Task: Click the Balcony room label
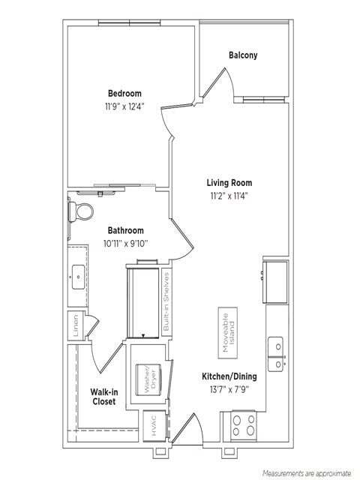tap(243, 55)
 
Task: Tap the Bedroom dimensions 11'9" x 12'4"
tap(124, 106)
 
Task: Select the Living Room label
tap(229, 183)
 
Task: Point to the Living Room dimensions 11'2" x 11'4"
tap(229, 196)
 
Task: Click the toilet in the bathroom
tap(80, 211)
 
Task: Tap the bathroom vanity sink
tap(78, 277)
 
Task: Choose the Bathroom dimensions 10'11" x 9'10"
tap(125, 244)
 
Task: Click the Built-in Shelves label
tap(166, 301)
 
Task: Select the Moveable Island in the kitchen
tap(228, 333)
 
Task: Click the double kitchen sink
tap(275, 354)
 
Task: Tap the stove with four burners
tap(243, 425)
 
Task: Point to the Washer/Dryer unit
tap(148, 379)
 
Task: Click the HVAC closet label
tap(154, 425)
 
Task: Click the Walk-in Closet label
tap(104, 397)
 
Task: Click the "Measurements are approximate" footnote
tap(307, 473)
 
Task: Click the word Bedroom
tap(124, 93)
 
